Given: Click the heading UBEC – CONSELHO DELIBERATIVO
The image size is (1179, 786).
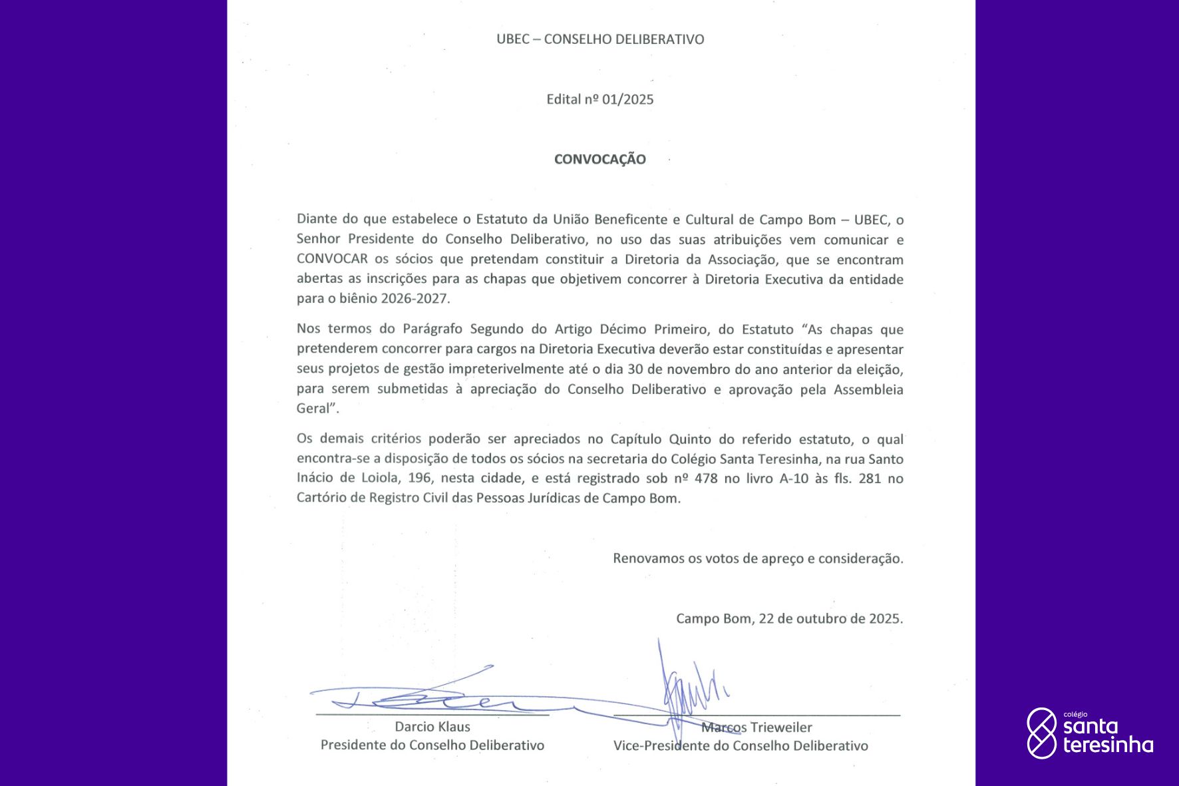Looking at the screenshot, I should [600, 39].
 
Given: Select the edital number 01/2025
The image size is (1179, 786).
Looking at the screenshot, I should [627, 100].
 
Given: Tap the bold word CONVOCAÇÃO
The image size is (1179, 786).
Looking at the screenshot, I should [600, 159].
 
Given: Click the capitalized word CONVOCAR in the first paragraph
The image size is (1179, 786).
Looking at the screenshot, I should [332, 259].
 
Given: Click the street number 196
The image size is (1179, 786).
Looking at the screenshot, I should [420, 479].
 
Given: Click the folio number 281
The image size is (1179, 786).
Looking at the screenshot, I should [870, 479].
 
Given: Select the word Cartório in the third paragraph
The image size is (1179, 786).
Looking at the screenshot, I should [321, 498].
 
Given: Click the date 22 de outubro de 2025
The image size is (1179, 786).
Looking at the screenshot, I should [830, 619].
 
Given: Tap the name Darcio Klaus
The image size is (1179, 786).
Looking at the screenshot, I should [432, 727].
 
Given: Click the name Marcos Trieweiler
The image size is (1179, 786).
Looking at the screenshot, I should [757, 727].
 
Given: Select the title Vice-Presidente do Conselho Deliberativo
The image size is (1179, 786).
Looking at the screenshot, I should [741, 746].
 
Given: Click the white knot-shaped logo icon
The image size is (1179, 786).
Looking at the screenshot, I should [1041, 733].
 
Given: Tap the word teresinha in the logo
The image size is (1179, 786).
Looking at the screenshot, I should [1108, 745].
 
